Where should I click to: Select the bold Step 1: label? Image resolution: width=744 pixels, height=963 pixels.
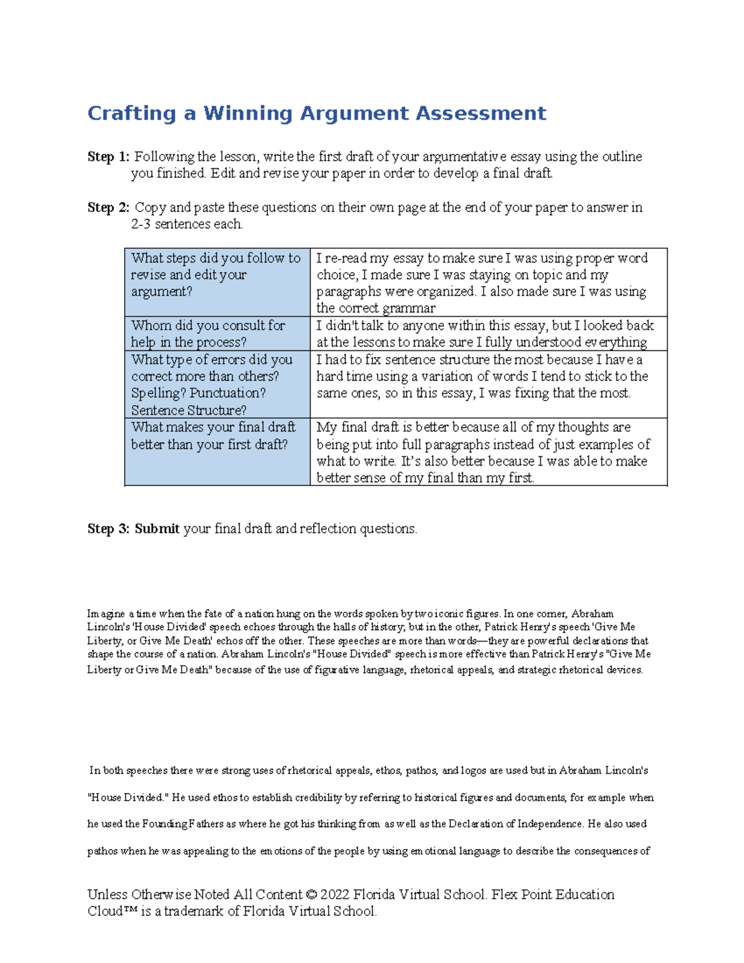pos(108,157)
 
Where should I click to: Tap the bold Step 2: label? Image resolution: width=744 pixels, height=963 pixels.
pos(108,208)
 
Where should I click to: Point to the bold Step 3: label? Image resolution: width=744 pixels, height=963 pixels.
pos(108,529)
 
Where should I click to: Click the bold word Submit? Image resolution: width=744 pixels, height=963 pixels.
pos(157,529)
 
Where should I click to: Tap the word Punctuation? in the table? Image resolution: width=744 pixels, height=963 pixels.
pos(228,393)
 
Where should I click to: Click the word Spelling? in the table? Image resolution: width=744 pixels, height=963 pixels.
pos(158,393)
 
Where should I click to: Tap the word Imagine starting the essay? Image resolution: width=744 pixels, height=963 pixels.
pos(106,614)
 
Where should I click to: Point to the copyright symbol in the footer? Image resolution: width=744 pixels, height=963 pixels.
pos(311,895)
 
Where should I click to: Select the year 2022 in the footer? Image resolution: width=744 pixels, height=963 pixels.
pos(335,895)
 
